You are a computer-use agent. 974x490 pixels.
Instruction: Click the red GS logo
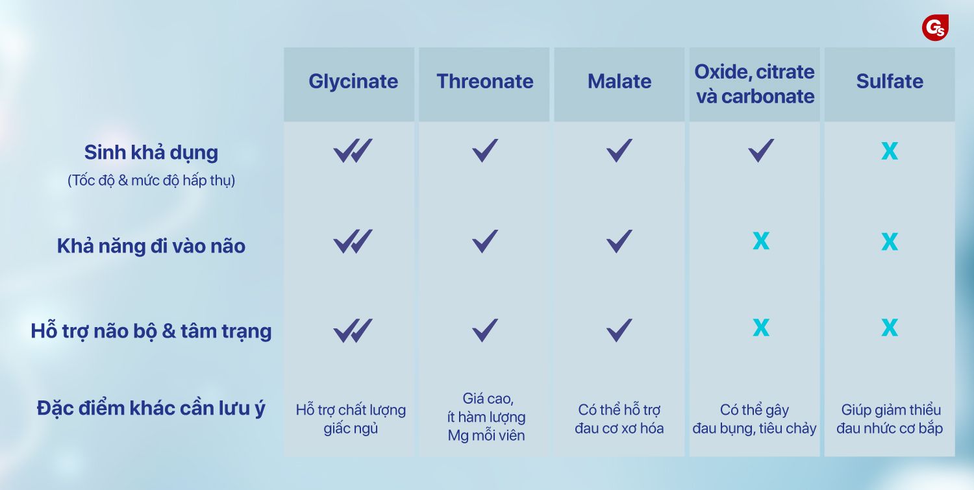tap(935, 29)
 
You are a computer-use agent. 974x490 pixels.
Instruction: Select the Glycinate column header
tap(353, 82)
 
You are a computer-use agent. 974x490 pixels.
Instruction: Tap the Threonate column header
tap(485, 81)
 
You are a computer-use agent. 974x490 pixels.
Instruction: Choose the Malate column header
tap(619, 81)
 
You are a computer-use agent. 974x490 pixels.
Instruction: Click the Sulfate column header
tap(890, 81)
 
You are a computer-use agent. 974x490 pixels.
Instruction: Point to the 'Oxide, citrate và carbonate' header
tap(755, 84)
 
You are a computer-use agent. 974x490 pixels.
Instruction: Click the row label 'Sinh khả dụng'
tap(151, 153)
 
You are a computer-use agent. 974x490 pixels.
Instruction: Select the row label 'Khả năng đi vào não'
tap(151, 246)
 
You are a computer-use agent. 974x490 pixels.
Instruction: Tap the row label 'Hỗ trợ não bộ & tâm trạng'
tap(151, 331)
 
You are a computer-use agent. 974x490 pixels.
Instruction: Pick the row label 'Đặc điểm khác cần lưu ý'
tap(151, 408)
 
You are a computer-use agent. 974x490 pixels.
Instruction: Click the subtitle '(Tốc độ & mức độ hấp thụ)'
tap(151, 180)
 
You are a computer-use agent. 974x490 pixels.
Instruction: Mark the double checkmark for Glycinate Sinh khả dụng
tap(353, 151)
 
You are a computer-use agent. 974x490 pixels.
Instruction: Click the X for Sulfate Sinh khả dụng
tap(890, 151)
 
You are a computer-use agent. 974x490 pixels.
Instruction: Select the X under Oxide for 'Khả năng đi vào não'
tap(761, 241)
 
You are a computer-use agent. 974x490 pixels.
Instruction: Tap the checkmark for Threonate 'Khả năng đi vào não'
tap(485, 241)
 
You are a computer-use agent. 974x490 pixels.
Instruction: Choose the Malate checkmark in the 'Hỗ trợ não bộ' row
tap(619, 330)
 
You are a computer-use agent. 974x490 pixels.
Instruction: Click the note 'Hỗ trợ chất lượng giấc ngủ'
tap(351, 419)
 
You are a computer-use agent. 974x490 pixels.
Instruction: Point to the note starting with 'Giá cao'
tap(486, 417)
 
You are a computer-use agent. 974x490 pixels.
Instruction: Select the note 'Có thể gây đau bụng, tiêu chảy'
tap(755, 419)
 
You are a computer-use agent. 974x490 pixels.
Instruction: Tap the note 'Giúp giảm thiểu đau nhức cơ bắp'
tap(890, 419)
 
